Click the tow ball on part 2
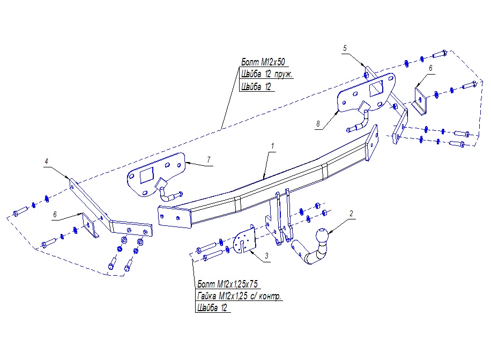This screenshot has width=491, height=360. tap(322, 236)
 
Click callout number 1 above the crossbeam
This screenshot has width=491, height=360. tap(272, 146)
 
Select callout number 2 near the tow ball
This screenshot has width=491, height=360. tap(351, 214)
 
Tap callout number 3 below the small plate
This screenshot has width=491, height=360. tap(266, 256)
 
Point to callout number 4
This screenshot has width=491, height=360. tap(46, 161)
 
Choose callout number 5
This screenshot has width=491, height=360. tap(345, 48)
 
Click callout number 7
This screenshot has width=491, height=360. tap(209, 160)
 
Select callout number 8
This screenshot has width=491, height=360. tap(318, 124)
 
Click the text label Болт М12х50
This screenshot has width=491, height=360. tap(263, 62)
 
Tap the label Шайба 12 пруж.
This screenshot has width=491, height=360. tap(266, 74)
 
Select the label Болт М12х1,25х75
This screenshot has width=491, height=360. tap(228, 284)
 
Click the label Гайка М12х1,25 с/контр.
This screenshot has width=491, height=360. tap(239, 296)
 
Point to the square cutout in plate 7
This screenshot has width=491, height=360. tap(146, 175)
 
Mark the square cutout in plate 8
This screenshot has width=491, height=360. tap(376, 88)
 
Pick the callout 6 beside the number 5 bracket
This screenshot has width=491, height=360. tap(430, 68)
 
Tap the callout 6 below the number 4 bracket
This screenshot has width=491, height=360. tap(55, 215)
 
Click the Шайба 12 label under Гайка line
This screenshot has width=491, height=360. tap(212, 308)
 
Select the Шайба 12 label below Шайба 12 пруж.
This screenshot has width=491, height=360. tap(256, 87)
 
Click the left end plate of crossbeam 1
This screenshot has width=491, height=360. tap(175, 217)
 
